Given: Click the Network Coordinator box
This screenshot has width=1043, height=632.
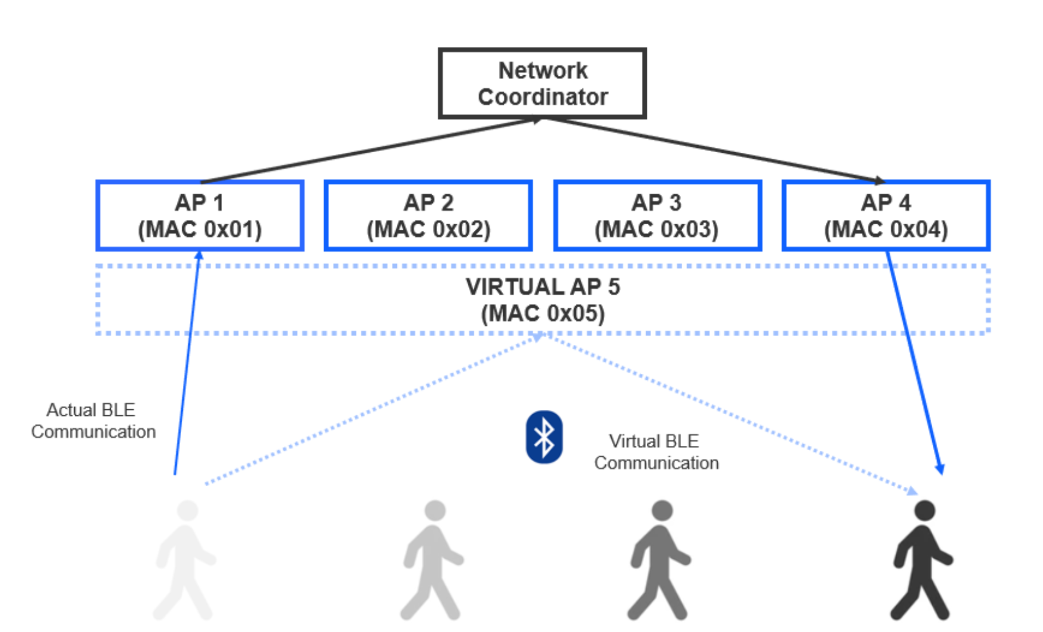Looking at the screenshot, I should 542,83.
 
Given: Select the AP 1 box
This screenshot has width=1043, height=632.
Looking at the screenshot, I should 199,215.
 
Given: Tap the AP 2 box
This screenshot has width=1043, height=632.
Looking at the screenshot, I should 428,215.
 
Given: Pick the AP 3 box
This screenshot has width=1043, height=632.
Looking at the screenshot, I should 657,215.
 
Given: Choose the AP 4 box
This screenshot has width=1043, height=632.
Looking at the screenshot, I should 885,215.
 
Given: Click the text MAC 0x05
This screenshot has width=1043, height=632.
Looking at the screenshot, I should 542,314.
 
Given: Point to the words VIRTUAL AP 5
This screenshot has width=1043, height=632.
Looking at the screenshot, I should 542,287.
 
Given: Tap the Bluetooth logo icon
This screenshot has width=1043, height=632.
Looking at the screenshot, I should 544,437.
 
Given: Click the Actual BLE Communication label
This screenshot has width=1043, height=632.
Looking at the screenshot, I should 92,421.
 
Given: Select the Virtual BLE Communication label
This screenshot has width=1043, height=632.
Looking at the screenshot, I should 656,452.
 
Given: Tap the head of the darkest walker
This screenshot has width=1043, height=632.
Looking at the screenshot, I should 925,510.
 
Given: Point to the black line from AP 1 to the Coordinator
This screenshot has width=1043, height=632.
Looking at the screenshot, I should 371,150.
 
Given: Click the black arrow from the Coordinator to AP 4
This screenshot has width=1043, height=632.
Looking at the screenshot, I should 715,150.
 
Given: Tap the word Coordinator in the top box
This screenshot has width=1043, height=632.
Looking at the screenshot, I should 542,97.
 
